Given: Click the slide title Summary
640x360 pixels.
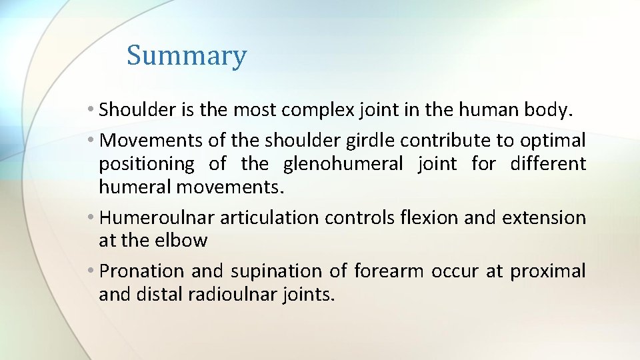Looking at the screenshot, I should point(186,55).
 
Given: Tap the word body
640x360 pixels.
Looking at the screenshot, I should point(547,110).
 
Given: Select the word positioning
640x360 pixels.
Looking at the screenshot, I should point(147,164).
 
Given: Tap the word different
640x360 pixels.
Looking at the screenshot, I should point(548,164).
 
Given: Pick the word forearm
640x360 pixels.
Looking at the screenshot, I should point(390,271).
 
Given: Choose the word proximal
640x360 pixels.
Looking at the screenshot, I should point(548,271).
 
